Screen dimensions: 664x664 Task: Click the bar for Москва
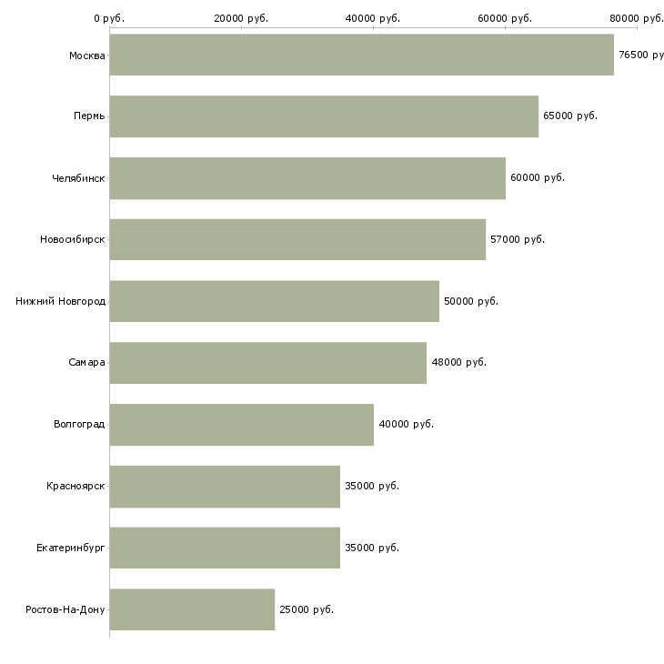(x=362, y=55)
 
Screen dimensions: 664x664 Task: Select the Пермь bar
(x=324, y=116)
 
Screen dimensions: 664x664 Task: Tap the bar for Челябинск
(x=307, y=178)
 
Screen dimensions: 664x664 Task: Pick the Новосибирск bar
(x=297, y=240)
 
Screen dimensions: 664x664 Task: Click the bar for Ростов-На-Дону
(x=192, y=609)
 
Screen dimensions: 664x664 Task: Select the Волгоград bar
(x=242, y=425)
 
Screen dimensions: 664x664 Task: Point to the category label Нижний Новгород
(x=61, y=301)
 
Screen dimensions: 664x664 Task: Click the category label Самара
(x=86, y=363)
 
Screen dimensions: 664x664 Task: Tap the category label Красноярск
(x=75, y=486)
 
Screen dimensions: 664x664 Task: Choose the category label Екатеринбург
(x=71, y=548)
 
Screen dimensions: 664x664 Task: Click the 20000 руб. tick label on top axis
(x=241, y=18)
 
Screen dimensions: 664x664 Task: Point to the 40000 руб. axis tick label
(x=373, y=18)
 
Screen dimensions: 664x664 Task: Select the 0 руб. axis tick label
(x=109, y=18)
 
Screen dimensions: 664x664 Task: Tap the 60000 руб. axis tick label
(x=505, y=18)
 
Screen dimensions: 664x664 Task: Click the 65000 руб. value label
(x=570, y=116)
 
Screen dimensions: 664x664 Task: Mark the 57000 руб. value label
(x=518, y=240)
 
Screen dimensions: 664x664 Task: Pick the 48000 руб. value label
(x=459, y=363)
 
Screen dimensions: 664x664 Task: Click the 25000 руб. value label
(x=307, y=609)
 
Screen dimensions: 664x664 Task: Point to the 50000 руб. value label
(x=471, y=301)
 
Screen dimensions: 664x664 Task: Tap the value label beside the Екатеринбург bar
(x=372, y=548)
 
